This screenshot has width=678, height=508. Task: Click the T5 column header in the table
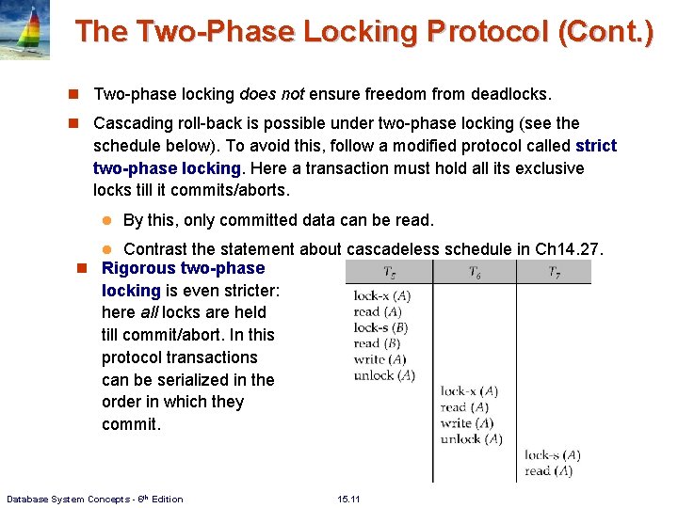389,273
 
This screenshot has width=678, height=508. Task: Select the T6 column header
475,273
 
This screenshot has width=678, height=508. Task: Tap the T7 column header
557,273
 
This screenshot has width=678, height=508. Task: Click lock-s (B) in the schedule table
380,327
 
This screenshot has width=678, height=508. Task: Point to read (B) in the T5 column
377,343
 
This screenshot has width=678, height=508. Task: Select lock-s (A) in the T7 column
552,455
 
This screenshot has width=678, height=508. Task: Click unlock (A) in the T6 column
471,439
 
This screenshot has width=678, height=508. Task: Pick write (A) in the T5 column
379,359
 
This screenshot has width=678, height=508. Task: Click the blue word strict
595,146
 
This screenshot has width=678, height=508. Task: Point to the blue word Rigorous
141,268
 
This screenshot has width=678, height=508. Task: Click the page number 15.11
348,499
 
